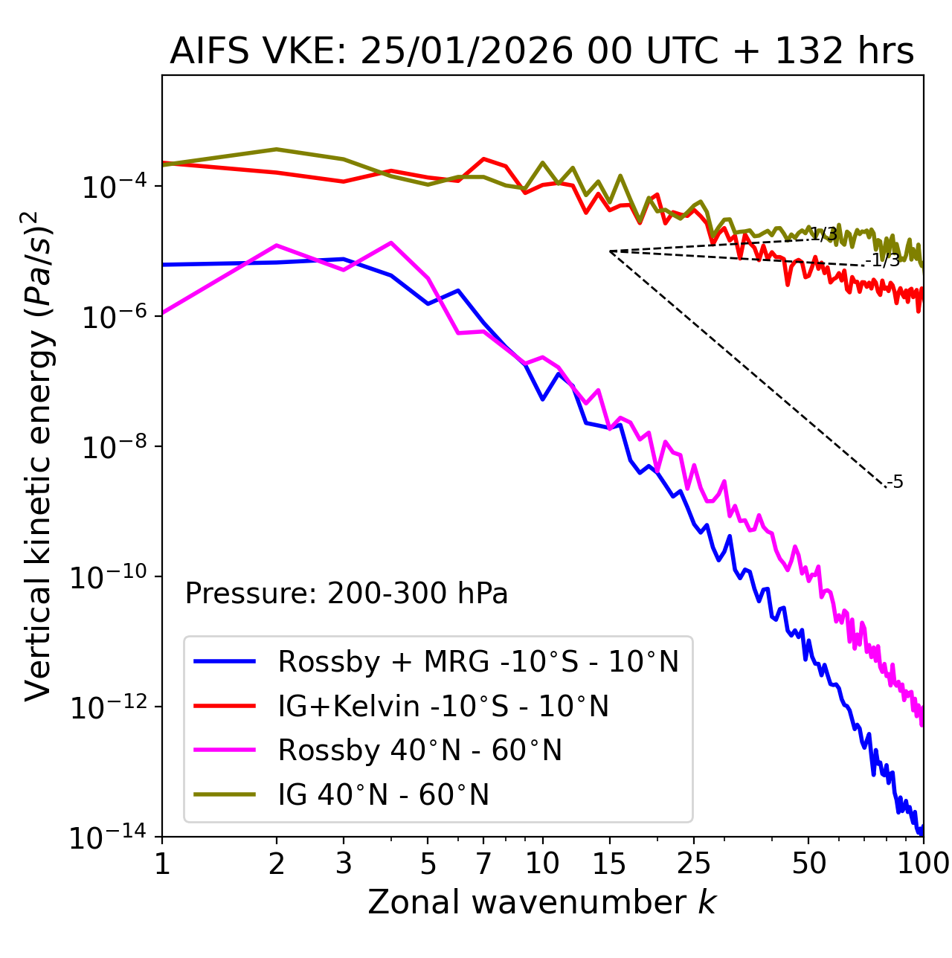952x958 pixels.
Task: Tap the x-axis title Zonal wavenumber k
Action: pos(541,902)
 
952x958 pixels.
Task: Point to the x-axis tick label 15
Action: pos(610,864)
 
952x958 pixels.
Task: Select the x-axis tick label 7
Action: pos(483,864)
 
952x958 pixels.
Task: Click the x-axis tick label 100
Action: pos(922,864)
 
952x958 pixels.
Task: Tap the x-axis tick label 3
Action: pos(344,864)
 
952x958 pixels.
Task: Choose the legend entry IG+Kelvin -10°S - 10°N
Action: pos(443,706)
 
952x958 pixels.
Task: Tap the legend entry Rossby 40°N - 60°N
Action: pos(419,750)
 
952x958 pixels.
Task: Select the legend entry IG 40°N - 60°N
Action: pos(384,795)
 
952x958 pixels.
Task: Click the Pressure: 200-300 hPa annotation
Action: pos(347,594)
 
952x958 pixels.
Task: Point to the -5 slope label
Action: pos(895,483)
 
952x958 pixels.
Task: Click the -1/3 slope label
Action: pos(884,260)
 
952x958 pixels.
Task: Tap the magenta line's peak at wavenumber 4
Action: pos(391,242)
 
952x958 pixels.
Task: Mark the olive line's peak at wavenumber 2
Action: pos(277,150)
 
